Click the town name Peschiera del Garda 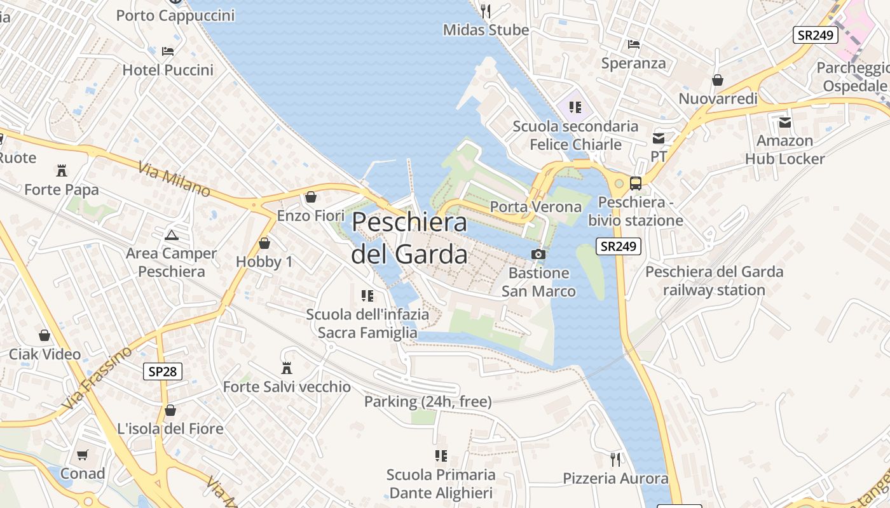[x=409, y=238]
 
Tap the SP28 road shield [x=163, y=371]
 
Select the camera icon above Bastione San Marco [x=538, y=255]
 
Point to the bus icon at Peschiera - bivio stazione [x=635, y=184]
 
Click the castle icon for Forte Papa [x=62, y=170]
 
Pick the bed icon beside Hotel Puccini [x=168, y=51]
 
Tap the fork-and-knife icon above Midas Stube [x=486, y=11]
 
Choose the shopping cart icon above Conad [x=83, y=455]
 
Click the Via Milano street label [x=174, y=178]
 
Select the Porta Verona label [x=536, y=206]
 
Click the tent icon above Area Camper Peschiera [x=171, y=235]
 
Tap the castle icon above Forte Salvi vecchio [x=287, y=368]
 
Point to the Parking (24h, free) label [x=428, y=401]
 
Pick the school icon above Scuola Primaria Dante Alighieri [x=441, y=456]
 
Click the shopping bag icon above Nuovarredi [x=718, y=80]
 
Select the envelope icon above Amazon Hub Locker [x=784, y=122]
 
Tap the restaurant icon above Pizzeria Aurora [x=615, y=459]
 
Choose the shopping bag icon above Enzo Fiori [x=311, y=197]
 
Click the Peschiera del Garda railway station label [x=715, y=281]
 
